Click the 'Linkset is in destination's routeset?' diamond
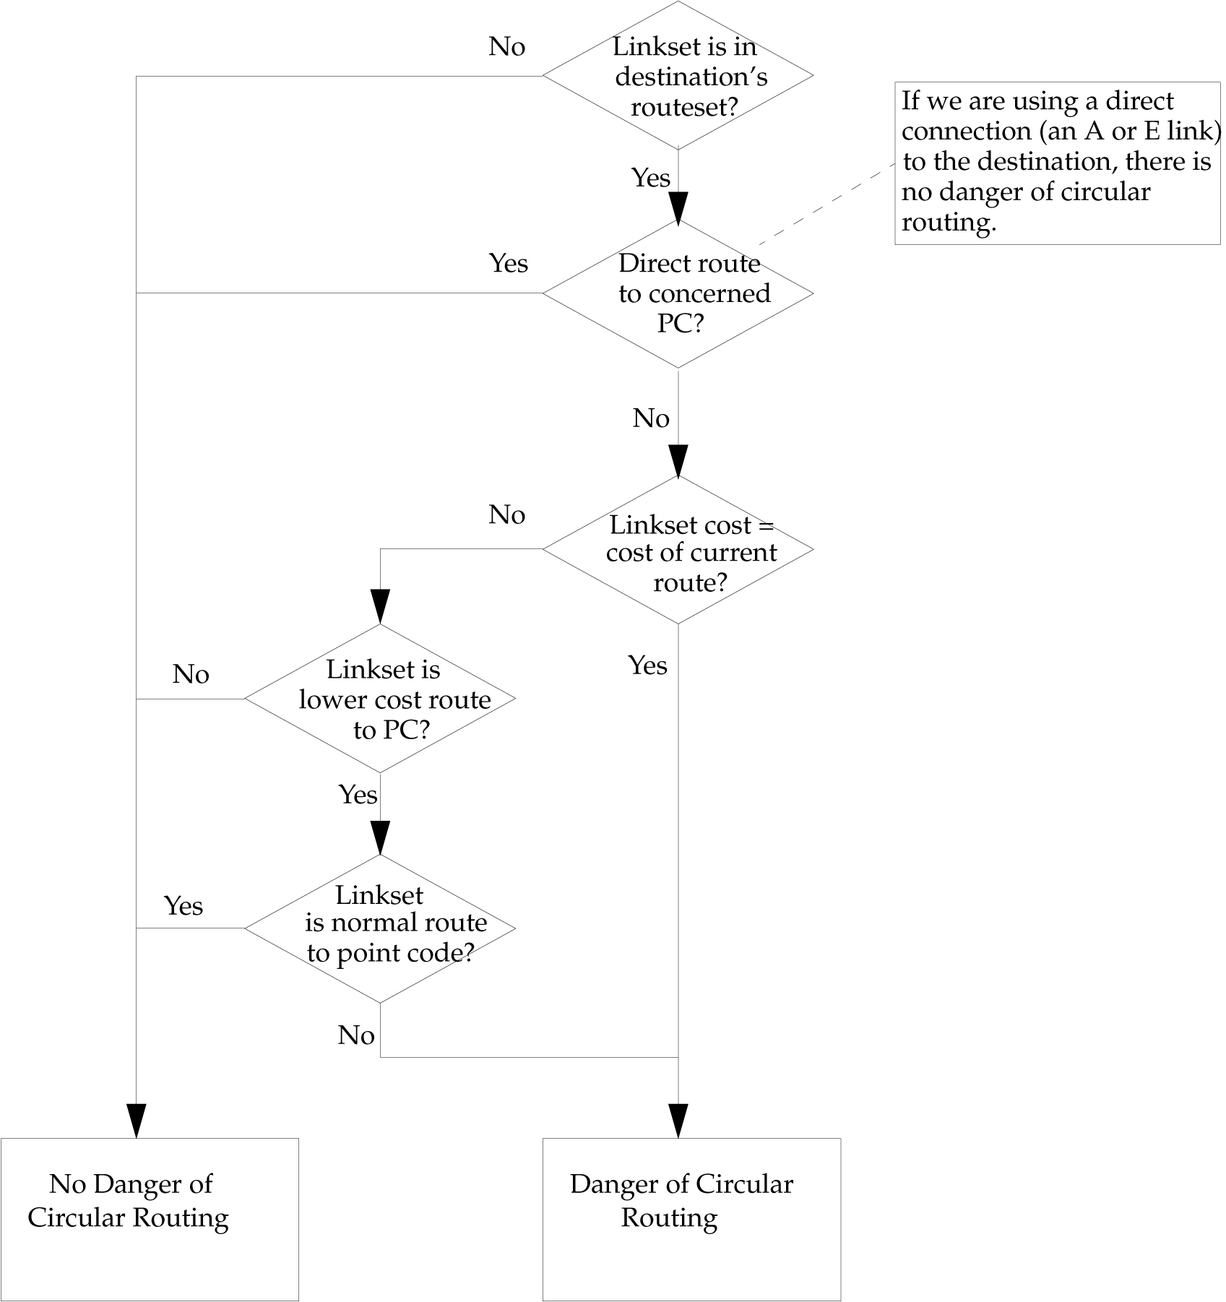pyautogui.click(x=678, y=76)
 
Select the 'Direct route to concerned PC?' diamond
pyautogui.click(x=678, y=293)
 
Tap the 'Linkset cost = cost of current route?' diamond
pyautogui.click(x=678, y=550)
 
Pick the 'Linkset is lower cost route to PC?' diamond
pyautogui.click(x=380, y=699)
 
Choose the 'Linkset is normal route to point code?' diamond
pyautogui.click(x=380, y=928)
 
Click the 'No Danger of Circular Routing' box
pyautogui.click(x=149, y=1219)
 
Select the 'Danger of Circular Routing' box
pyautogui.click(x=691, y=1219)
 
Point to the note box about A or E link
pyautogui.click(x=1057, y=163)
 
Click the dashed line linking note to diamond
pyautogui.click(x=827, y=204)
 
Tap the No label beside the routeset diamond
pyautogui.click(x=506, y=47)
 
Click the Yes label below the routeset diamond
pyautogui.click(x=650, y=178)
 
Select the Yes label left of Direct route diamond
pyautogui.click(x=508, y=263)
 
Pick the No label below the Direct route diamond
pyautogui.click(x=650, y=418)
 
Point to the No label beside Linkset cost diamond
pyautogui.click(x=506, y=515)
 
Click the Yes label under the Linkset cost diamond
pyautogui.click(x=647, y=665)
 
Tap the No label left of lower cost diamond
pyautogui.click(x=191, y=674)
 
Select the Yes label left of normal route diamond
pyautogui.click(x=183, y=906)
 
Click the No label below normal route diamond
pyautogui.click(x=355, y=1035)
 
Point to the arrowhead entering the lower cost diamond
pyautogui.click(x=380, y=606)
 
